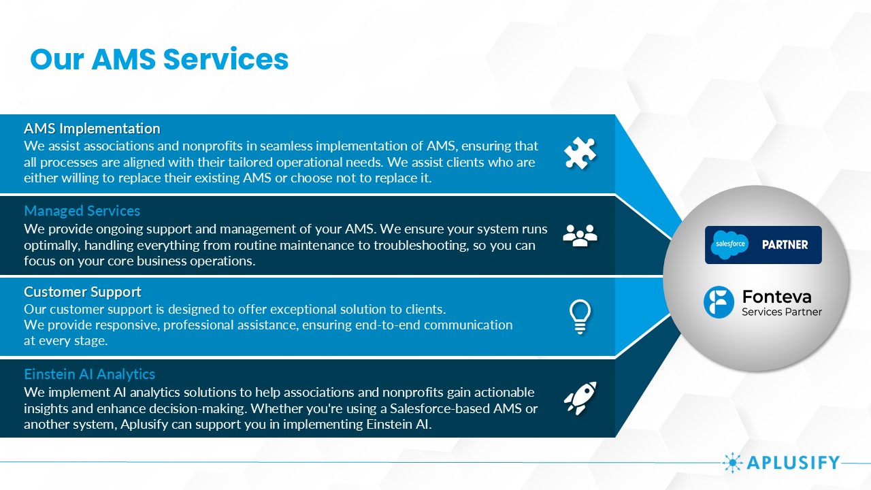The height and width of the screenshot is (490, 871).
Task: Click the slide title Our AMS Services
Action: tap(159, 59)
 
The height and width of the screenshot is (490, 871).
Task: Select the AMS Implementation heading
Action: tap(92, 129)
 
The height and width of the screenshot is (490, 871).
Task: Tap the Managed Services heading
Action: tap(82, 211)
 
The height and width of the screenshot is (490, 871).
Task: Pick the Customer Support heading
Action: tap(82, 292)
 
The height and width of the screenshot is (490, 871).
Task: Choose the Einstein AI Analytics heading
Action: tap(89, 374)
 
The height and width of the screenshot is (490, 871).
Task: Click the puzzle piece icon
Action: tap(580, 153)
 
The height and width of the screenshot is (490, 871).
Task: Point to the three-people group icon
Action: tap(580, 235)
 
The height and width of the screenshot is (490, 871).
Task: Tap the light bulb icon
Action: tap(580, 317)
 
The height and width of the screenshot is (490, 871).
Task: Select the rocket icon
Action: tap(580, 398)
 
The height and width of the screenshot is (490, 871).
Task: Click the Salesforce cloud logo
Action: tap(730, 244)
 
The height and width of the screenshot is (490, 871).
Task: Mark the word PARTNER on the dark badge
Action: tap(785, 244)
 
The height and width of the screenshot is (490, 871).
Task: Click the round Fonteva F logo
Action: tap(719, 302)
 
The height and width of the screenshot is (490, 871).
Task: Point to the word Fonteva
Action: tap(776, 297)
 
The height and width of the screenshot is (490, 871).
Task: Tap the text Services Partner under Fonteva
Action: tap(782, 312)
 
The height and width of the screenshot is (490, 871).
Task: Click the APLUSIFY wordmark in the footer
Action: tap(793, 463)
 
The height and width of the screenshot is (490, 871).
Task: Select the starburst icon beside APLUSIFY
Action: tap(732, 463)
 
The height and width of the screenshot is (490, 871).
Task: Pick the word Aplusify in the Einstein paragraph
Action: tap(144, 424)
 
